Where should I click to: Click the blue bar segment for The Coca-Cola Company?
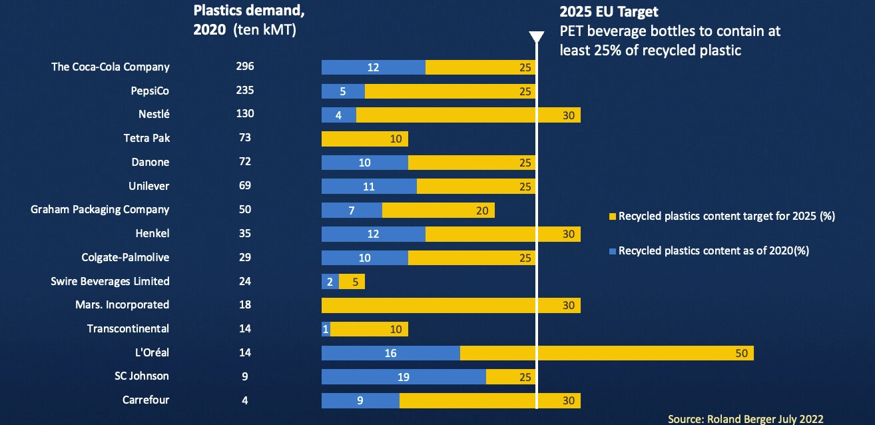click(x=373, y=67)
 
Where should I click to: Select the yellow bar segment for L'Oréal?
click(x=606, y=353)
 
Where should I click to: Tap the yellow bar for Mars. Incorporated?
click(x=451, y=305)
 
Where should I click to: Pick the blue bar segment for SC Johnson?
click(x=404, y=376)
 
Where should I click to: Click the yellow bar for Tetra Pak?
click(x=364, y=139)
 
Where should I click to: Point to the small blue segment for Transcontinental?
click(x=326, y=329)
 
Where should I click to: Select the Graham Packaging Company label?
click(x=100, y=209)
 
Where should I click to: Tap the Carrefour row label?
click(x=146, y=400)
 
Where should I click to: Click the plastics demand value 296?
click(x=245, y=67)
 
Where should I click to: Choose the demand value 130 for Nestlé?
click(x=245, y=114)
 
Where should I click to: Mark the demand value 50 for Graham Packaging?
click(x=245, y=209)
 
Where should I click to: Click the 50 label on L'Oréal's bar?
click(x=742, y=353)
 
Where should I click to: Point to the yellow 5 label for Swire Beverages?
click(x=355, y=282)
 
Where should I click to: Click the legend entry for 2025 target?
click(x=726, y=216)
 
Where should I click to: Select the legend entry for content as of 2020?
click(x=717, y=250)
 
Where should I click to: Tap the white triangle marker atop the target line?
click(x=536, y=37)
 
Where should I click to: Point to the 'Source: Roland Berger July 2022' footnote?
click(x=746, y=418)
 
